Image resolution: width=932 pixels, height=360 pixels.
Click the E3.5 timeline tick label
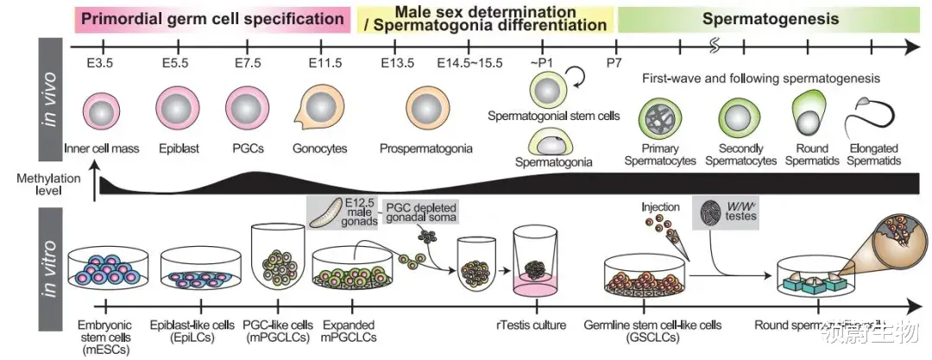(x=102, y=63)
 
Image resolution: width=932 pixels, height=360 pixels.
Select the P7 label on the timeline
(x=615, y=63)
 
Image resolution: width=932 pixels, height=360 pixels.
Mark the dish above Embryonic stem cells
(x=105, y=269)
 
